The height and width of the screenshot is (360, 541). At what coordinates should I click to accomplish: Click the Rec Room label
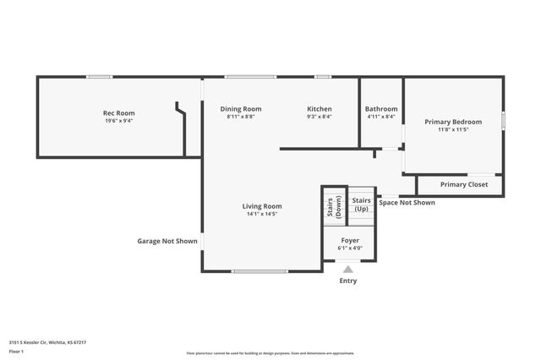click(x=118, y=113)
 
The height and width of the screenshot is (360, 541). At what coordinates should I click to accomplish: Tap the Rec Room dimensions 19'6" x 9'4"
click(x=118, y=121)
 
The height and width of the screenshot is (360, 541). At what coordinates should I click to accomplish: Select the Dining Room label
click(x=241, y=109)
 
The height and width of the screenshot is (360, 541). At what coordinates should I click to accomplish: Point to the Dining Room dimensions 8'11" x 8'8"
click(x=241, y=117)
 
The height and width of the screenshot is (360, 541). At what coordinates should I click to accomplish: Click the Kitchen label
click(x=319, y=109)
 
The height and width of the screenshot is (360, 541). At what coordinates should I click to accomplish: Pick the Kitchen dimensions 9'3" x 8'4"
click(x=319, y=117)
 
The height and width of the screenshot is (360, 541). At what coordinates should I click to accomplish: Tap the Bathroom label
click(x=381, y=109)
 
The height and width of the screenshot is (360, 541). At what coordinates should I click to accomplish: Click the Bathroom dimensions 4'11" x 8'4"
click(x=381, y=117)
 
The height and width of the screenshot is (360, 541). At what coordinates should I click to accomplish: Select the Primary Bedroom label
click(x=453, y=122)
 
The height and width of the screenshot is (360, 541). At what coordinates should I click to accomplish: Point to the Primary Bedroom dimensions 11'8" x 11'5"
click(x=453, y=129)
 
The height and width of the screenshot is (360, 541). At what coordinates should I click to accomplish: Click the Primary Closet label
click(x=464, y=184)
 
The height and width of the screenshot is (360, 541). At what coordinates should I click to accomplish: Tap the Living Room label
click(x=262, y=206)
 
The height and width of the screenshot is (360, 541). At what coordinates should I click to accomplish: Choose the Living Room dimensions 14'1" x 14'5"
click(x=262, y=214)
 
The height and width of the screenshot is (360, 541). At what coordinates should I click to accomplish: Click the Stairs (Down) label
click(x=334, y=208)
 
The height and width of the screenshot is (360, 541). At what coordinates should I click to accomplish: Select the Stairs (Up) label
click(x=361, y=205)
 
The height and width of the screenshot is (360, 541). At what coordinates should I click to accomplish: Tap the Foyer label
click(x=350, y=241)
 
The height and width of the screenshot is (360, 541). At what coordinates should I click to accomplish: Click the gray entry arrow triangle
click(x=348, y=270)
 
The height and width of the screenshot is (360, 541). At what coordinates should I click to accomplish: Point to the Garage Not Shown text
click(x=167, y=241)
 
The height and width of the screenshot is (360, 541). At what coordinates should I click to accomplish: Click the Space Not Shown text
click(x=407, y=203)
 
